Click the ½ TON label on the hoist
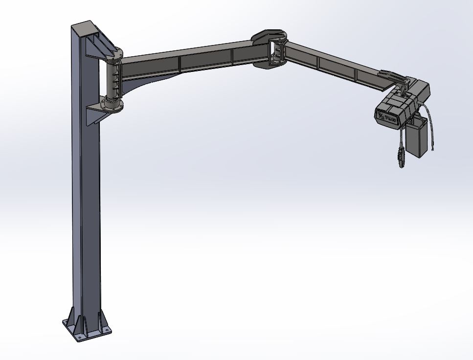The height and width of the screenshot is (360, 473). (386, 116)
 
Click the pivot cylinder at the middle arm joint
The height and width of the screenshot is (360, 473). (276, 52)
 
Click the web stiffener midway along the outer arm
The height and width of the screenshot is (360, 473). (318, 62)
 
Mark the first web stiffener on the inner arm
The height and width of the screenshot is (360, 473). (180, 62)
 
